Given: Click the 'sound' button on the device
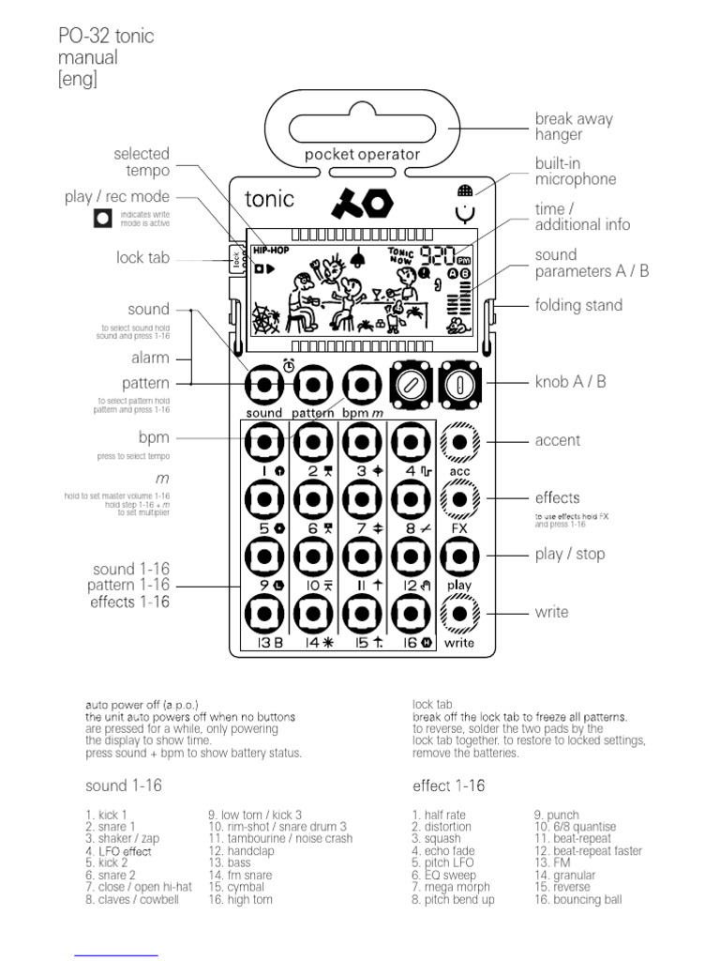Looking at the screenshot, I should (x=263, y=385).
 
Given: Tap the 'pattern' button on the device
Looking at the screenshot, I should (x=312, y=385).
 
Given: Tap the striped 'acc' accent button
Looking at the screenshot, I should (x=459, y=442).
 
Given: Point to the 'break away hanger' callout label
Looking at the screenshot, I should (x=574, y=127).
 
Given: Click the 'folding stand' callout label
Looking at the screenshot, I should (x=578, y=305).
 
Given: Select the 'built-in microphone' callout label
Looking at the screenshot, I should (x=576, y=171).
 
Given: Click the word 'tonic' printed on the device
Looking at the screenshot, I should (x=269, y=199).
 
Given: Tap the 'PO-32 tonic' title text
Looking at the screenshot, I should (x=106, y=37).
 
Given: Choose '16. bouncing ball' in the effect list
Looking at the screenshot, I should (x=577, y=899).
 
